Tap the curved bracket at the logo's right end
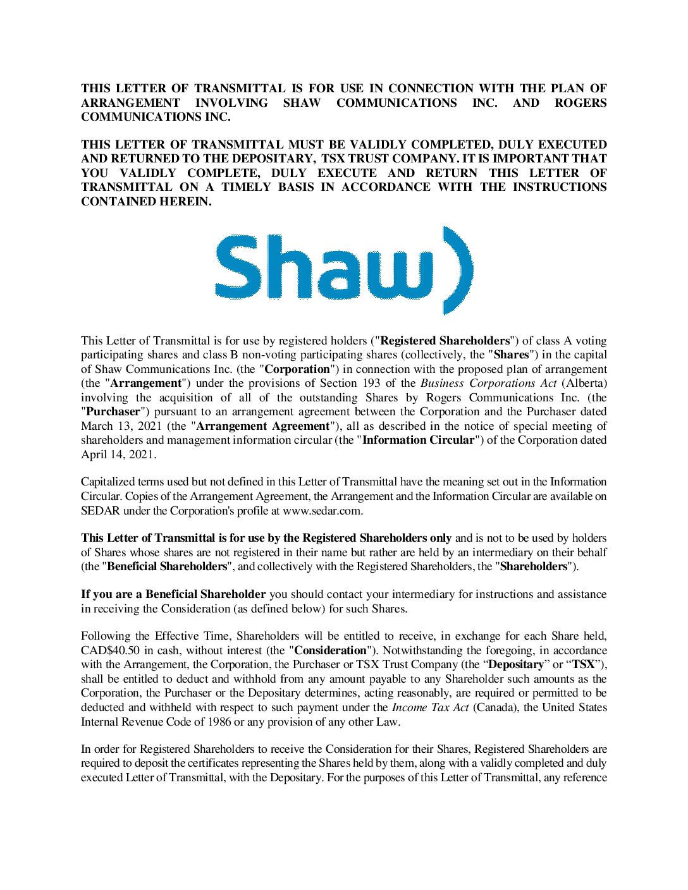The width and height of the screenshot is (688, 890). coord(457,271)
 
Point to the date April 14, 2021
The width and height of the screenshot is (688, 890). coord(118,454)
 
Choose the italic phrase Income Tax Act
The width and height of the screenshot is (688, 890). coord(430,707)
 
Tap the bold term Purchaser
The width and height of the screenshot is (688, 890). coord(113,411)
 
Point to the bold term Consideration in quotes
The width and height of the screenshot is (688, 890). coord(331,650)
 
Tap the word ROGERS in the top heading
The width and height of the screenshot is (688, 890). coord(580,102)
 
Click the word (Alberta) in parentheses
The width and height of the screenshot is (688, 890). coord(584,383)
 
